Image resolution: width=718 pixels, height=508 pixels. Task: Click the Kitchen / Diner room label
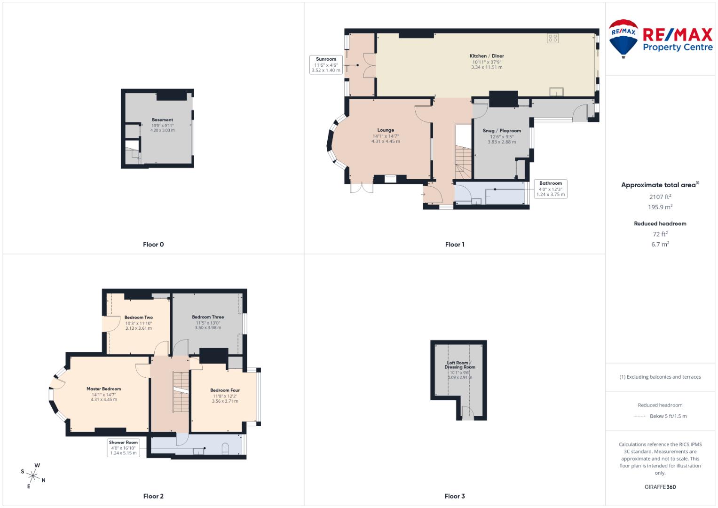(487, 56)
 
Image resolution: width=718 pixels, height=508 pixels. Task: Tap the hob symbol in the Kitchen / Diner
(552, 39)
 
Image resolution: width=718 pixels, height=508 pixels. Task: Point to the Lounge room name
(386, 130)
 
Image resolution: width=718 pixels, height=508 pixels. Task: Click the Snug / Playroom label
(502, 131)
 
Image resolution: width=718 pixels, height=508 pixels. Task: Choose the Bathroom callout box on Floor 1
(551, 189)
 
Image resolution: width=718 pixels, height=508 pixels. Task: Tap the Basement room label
(162, 120)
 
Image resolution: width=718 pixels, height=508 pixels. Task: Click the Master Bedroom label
(103, 389)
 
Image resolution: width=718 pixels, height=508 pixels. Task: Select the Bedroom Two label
(138, 317)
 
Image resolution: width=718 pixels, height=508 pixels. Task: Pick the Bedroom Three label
(208, 317)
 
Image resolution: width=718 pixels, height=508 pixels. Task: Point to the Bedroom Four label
(225, 390)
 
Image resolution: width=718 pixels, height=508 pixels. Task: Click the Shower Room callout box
(123, 448)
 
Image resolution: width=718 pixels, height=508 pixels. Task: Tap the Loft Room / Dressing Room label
(460, 365)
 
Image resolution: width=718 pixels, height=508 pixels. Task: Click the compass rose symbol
(33, 476)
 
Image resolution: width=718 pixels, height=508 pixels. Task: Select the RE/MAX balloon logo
(623, 39)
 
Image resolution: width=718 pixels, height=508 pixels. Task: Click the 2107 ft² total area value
(660, 197)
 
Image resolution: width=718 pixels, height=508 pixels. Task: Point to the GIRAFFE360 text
(660, 487)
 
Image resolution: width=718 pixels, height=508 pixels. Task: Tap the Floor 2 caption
(153, 496)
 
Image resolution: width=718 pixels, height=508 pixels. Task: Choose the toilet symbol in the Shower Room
(225, 448)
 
